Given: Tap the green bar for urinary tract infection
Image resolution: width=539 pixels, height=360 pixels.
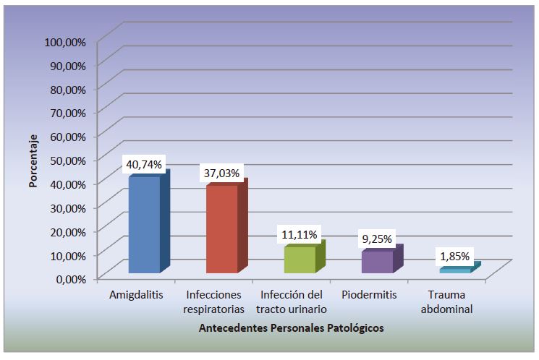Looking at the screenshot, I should point(300,260).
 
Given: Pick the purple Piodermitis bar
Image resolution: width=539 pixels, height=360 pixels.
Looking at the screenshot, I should point(377,262).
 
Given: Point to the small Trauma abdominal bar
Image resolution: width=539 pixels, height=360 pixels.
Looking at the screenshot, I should point(455,270).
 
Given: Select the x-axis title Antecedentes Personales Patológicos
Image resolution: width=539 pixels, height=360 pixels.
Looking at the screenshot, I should point(291,328).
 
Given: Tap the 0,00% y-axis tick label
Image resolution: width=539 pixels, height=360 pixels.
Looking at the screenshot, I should point(70,278).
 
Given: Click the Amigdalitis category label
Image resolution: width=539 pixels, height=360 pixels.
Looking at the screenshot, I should point(136,295).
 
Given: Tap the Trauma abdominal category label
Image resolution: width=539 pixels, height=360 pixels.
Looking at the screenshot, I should point(449,302).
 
